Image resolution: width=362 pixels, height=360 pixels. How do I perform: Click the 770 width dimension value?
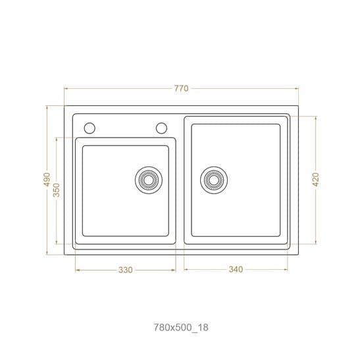182,88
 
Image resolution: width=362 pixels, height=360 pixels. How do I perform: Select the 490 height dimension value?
47,180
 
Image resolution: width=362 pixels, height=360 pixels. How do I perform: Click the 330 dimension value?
126,270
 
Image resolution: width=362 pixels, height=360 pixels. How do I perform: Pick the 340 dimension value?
236,270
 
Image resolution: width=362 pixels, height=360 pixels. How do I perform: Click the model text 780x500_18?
181,326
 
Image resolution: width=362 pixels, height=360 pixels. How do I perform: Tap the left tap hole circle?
90,128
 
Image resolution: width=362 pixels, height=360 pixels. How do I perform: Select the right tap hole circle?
161,128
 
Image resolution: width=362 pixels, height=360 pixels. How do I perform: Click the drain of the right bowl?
214,179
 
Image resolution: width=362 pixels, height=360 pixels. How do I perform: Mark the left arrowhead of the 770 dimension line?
66,88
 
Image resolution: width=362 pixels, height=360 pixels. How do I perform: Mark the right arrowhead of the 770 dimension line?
297,88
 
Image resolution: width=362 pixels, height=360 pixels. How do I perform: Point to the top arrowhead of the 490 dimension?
47,106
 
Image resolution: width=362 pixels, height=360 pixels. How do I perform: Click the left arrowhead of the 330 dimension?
77,270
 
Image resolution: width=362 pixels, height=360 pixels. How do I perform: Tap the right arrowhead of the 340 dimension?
288,270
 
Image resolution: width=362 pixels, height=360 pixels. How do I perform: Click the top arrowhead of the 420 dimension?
316,117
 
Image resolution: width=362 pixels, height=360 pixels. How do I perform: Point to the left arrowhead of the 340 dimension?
185,270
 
